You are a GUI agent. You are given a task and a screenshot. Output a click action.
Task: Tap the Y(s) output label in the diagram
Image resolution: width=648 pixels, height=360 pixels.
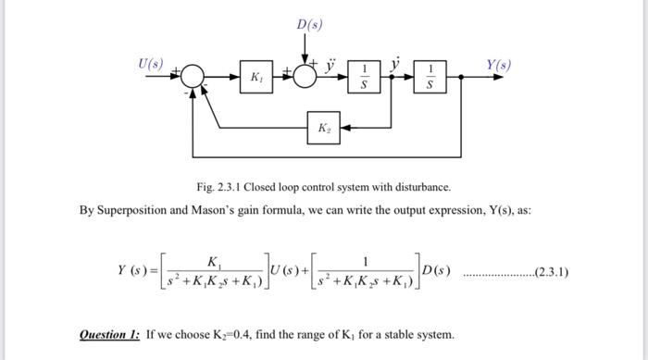click(x=497, y=66)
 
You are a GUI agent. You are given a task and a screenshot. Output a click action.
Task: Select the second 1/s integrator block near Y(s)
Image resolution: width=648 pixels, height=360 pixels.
click(x=429, y=80)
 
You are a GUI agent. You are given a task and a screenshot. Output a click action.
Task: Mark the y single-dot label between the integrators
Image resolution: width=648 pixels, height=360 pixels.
click(x=395, y=65)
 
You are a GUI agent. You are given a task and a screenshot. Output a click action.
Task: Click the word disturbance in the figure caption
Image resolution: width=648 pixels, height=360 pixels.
click(x=421, y=187)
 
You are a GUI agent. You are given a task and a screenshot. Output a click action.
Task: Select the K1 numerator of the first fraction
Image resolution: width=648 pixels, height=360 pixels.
click(x=215, y=260)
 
